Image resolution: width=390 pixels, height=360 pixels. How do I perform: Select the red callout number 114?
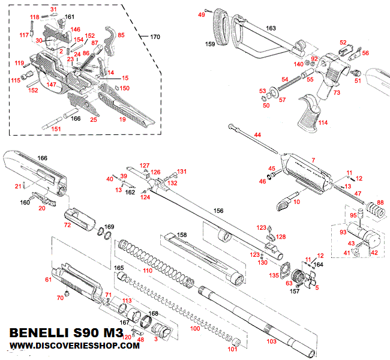coord(323,123)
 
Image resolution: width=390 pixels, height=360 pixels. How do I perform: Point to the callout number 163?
coord(271,28)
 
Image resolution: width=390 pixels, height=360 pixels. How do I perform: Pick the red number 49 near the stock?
coord(202,14)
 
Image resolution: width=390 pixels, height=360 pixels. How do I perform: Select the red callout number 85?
coord(121,35)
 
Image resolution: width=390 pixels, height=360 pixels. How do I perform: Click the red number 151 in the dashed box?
coord(55,128)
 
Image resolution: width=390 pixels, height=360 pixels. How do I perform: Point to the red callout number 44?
coord(258,136)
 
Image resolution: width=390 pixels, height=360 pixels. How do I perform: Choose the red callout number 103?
coord(271,341)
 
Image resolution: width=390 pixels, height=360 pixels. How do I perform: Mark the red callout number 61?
coord(48,280)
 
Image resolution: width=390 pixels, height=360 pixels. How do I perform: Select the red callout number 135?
coord(274,275)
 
